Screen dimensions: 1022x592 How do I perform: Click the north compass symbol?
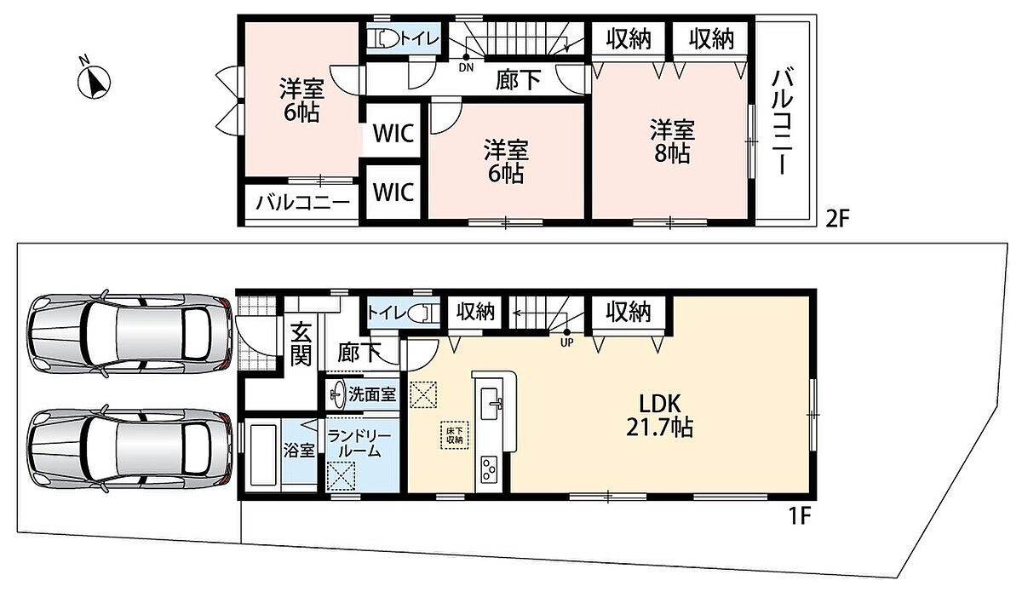click(94, 81)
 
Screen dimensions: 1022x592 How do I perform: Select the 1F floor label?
click(800, 517)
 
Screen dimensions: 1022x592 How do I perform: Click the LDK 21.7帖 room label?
click(659, 416)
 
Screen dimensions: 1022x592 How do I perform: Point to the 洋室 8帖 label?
click(672, 141)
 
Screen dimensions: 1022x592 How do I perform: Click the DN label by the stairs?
click(467, 68)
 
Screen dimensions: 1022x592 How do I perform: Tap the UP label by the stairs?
click(566, 342)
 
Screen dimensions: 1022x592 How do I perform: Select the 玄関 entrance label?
click(301, 343)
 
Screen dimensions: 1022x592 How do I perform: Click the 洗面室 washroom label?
click(372, 394)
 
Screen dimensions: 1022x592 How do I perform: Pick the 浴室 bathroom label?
click(299, 451)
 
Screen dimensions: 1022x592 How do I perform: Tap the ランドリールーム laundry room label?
click(360, 444)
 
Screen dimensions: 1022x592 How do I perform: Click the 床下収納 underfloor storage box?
click(455, 434)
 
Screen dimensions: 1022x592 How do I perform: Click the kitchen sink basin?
click(490, 404)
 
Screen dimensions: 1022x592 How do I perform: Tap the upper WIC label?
click(393, 133)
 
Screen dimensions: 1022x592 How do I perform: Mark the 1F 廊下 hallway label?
click(359, 353)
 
